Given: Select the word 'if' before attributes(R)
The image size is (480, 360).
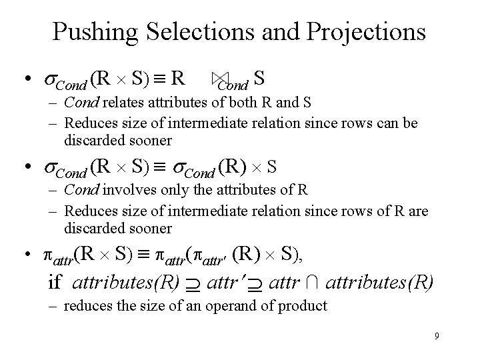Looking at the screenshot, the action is point(54,282).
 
